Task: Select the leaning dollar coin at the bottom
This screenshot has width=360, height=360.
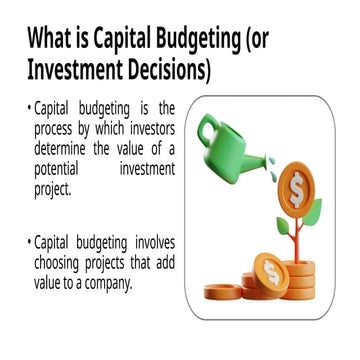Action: [x=271, y=271]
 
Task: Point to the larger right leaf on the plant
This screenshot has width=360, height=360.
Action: [x=312, y=210]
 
